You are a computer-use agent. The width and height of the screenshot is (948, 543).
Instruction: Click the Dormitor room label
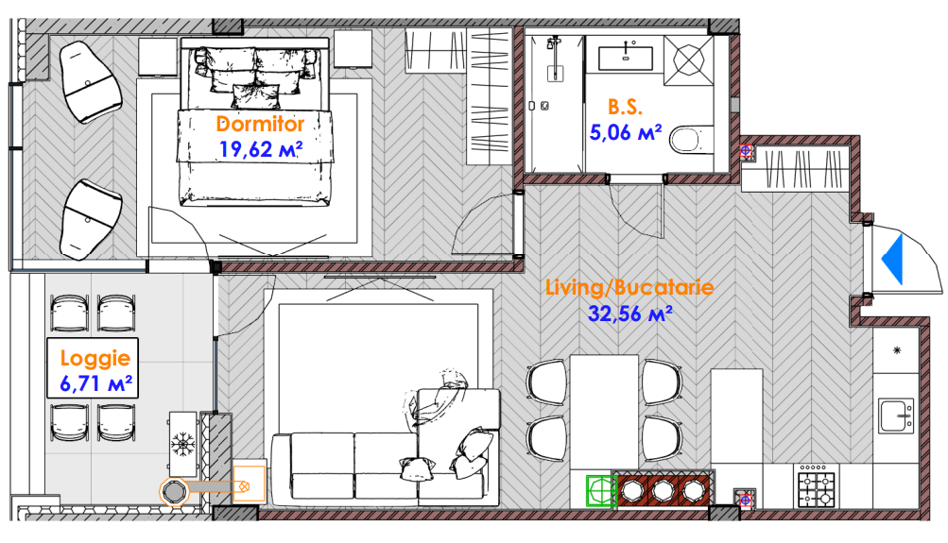[x=260, y=124]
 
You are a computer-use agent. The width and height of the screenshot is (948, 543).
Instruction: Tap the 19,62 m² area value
[x=260, y=149]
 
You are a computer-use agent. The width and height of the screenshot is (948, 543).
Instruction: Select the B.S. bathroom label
[x=625, y=107]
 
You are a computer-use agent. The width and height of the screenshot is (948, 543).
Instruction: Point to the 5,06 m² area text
[x=625, y=132]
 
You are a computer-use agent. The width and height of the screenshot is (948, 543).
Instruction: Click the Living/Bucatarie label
[x=629, y=287]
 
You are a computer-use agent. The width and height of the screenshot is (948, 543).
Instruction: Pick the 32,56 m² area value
[x=630, y=314]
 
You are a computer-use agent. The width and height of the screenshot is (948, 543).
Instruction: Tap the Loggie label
[x=95, y=358]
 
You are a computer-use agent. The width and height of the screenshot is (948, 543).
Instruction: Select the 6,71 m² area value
[x=95, y=383]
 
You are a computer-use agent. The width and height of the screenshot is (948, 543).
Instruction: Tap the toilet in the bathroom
[x=690, y=140]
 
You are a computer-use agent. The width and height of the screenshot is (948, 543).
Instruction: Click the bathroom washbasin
[x=625, y=59]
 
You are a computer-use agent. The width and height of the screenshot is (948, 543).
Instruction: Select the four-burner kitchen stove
[x=817, y=485]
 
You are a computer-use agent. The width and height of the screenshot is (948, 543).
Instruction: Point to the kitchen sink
[x=896, y=415]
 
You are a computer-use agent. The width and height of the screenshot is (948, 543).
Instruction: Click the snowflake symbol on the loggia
[x=181, y=444]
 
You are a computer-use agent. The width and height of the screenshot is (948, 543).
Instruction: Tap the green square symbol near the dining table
[x=601, y=490]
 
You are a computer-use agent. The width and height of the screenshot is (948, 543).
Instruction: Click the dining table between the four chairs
[x=604, y=412]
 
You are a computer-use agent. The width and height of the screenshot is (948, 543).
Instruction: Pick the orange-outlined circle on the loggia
[x=174, y=492]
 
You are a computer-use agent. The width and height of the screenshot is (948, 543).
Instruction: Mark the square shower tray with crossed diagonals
[x=688, y=59]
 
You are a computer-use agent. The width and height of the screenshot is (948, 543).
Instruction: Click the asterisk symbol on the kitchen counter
[x=897, y=349]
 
